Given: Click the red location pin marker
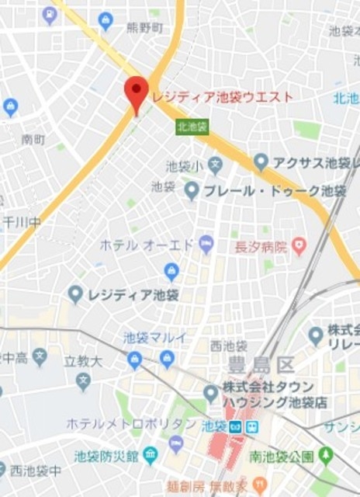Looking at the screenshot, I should pos(137,93).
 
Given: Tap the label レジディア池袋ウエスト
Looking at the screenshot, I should pos(223,97).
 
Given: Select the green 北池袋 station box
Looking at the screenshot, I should pos(192,126).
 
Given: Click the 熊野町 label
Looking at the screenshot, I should pos(144,27).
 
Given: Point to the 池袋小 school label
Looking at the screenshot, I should pos(184,165).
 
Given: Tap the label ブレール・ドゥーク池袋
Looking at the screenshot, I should pos(275,189).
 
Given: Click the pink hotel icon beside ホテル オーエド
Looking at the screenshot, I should pos(206,245).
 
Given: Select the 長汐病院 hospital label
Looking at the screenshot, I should pos(261,246).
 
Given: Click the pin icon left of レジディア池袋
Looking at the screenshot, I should pos(75,294).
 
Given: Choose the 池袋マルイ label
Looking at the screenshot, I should pos(155,337).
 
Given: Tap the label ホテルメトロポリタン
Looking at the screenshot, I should pos(131,423).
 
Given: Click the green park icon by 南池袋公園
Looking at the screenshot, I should pos(327,454).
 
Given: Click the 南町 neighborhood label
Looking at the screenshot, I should pos(33,139).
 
